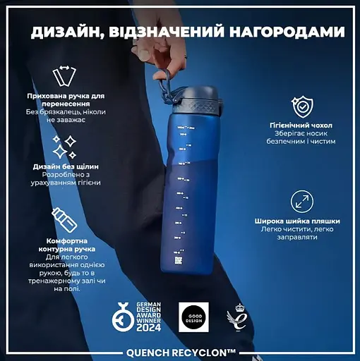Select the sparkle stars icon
64,145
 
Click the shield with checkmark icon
301,106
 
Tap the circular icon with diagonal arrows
301,200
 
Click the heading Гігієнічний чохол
301,125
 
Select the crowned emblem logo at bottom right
235,318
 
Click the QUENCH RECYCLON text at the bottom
181,351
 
